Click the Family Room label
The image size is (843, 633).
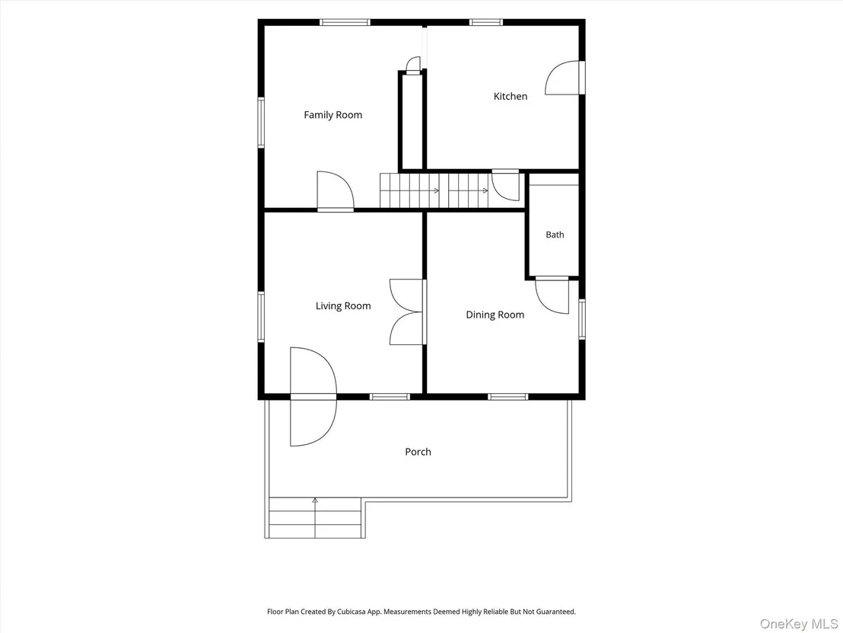coord(332,115)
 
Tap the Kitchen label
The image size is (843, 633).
coord(511,96)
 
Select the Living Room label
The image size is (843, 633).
coord(343,305)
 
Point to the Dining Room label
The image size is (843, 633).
coord(495,315)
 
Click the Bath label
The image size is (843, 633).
coord(555,235)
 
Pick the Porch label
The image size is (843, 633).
coord(418,452)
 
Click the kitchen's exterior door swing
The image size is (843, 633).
coord(564,78)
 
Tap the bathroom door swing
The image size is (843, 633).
coord(552,296)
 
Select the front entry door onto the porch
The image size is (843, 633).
coord(313,397)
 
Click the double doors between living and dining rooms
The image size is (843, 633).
coord(407,312)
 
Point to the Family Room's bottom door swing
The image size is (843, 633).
coord(335,190)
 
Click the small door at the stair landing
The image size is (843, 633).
coord(506,186)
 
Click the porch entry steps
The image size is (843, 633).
coord(314,518)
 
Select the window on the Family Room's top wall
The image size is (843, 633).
coord(345,22)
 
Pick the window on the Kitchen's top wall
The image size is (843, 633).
coord(486,22)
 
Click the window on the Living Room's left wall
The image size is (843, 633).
coord(261,317)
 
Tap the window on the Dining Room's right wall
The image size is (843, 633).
coord(582,319)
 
